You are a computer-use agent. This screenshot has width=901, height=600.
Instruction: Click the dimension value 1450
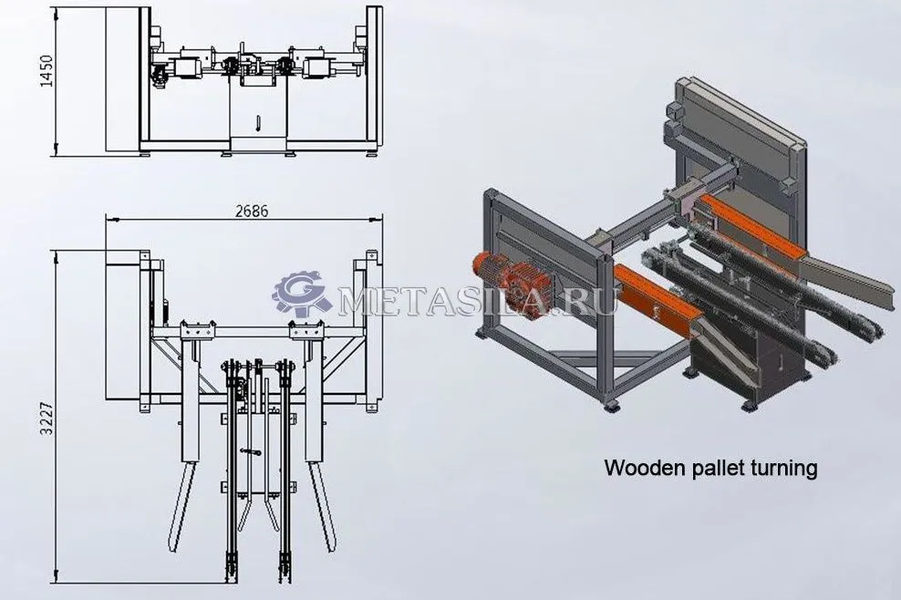click(x=47, y=71)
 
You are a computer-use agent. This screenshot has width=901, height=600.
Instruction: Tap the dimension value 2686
click(x=252, y=211)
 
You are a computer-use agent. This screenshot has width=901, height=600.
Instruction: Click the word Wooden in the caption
click(x=638, y=468)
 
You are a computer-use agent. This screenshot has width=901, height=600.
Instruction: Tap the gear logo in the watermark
click(x=301, y=295)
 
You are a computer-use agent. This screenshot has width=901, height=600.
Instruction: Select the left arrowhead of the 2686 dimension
click(x=111, y=220)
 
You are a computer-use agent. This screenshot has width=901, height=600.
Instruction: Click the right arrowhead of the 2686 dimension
click(x=377, y=219)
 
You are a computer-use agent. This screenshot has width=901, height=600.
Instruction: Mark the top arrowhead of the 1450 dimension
click(x=57, y=13)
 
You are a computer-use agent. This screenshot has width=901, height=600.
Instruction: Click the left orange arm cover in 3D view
click(x=657, y=297)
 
